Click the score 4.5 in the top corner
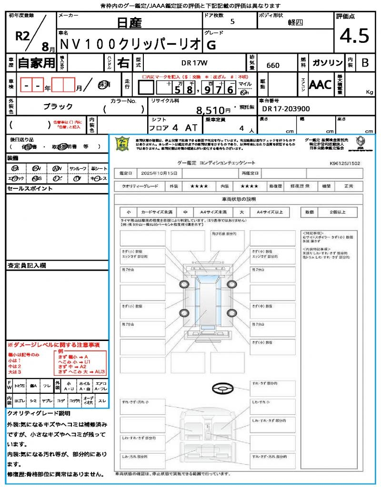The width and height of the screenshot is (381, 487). [x=354, y=36]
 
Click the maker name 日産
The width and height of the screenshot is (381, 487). [x=130, y=23]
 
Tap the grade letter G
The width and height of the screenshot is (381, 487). [x=211, y=45]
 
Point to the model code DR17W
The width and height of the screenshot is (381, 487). [x=195, y=63]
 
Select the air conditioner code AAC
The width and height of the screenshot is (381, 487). [x=320, y=85]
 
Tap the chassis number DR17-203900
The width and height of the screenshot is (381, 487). [x=286, y=109]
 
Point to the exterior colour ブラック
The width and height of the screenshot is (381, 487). [x=58, y=106]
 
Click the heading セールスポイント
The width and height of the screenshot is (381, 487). [x=30, y=189]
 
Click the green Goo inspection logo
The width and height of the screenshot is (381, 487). [x=123, y=144]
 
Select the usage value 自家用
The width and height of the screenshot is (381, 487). [x=36, y=63]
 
